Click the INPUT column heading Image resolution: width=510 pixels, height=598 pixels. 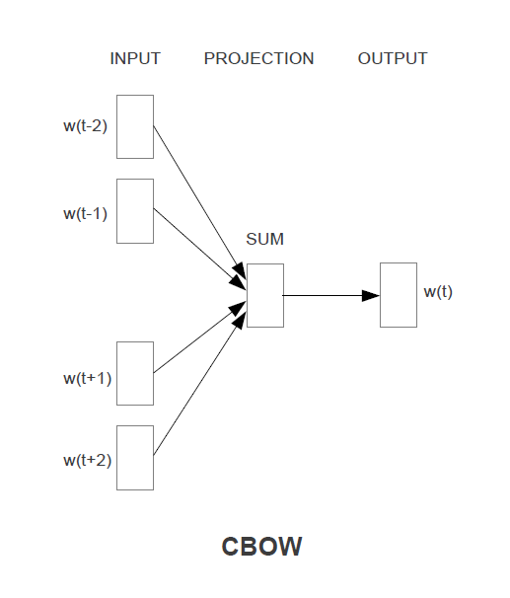coord(135,58)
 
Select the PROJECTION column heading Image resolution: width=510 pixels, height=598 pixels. coord(258,58)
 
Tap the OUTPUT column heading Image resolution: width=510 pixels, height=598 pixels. coord(393,58)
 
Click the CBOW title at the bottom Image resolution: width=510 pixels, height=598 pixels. coord(261,547)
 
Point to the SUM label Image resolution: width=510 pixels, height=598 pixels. coord(264,240)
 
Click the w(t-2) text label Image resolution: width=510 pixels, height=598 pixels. coord(85,126)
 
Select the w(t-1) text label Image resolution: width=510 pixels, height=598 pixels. coord(85,213)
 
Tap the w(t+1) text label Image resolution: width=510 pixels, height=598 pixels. coord(87,378)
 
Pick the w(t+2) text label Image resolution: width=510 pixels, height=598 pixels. coord(87,460)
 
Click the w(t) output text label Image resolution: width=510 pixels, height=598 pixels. coord(438,291)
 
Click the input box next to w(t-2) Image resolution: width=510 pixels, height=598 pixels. coord(135,126)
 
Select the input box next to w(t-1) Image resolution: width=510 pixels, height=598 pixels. coord(135,210)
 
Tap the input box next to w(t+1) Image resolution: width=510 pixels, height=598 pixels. coord(135,373)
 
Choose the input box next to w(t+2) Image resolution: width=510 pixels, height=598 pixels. coord(135,457)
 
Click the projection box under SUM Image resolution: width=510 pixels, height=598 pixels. coord(265,295)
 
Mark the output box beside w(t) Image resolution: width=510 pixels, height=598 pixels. coord(399,295)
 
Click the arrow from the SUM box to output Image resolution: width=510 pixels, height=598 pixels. coord(326,295)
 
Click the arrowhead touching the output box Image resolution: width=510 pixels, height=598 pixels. coord(371,295)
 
